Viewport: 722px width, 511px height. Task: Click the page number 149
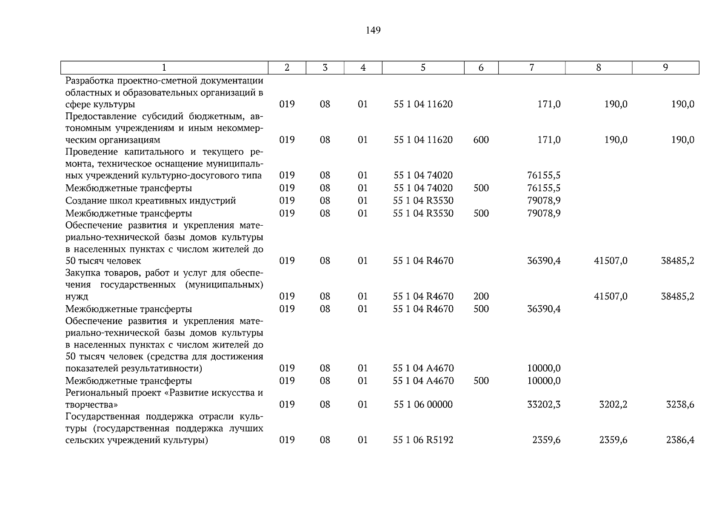pos(373,30)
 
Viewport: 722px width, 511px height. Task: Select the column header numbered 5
pos(423,67)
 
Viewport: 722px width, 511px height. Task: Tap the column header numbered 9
pos(665,67)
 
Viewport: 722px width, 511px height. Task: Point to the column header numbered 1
pos(164,67)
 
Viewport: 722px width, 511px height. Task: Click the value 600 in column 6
pos(481,140)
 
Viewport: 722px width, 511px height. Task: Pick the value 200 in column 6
pos(481,296)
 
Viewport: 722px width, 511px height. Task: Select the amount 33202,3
pos(544,405)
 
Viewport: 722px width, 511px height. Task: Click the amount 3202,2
pos(613,405)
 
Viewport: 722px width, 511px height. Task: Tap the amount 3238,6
pos(680,405)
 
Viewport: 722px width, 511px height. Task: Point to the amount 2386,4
pos(680,440)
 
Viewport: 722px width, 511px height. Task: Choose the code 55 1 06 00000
pos(423,405)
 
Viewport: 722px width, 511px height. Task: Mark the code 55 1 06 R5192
pos(423,440)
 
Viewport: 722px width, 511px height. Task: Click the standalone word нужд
pos(77,296)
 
